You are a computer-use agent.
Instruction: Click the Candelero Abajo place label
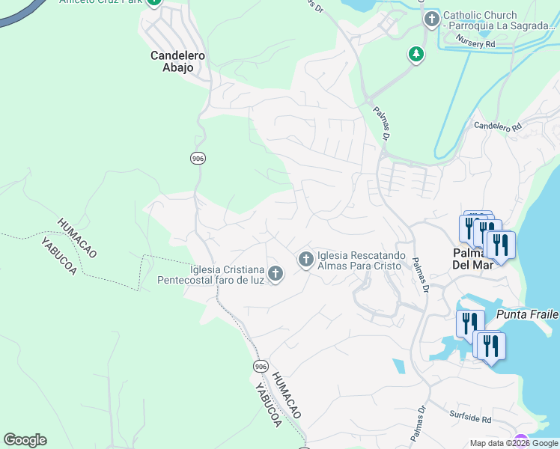point(172,61)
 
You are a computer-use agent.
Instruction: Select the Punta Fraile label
point(532,314)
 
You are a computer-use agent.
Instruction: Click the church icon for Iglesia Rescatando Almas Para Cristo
point(305,260)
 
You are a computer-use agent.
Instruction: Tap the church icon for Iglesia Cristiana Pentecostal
point(276,274)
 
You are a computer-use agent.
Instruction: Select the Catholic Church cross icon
point(431,19)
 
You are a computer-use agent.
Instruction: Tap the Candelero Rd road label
point(497,127)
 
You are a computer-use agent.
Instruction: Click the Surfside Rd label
point(470,420)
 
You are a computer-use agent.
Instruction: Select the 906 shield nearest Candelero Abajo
point(198,158)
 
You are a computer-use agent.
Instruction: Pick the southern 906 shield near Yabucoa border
point(260,366)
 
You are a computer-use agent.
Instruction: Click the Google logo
point(25,439)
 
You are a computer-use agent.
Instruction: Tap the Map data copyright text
point(514,443)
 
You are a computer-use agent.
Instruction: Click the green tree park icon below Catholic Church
point(416,54)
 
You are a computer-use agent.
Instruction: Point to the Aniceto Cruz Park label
point(101,2)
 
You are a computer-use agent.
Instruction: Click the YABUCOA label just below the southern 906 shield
point(267,405)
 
